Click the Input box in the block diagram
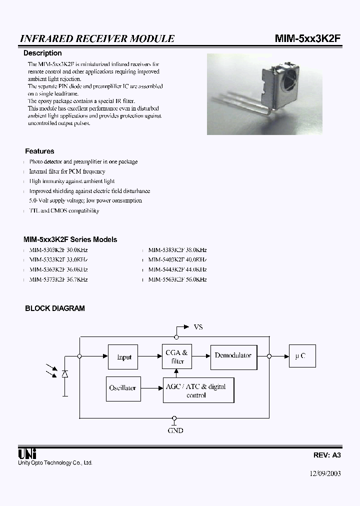click(x=123, y=357)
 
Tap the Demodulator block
click(x=233, y=355)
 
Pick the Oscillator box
click(x=122, y=388)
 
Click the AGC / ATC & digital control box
click(x=198, y=390)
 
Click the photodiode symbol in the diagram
click(x=64, y=374)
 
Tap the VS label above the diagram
click(x=198, y=327)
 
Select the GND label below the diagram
click(x=175, y=430)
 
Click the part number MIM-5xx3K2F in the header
click(x=308, y=39)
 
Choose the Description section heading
click(x=43, y=53)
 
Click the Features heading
click(x=39, y=151)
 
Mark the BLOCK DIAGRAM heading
click(x=55, y=308)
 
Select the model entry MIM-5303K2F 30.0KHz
click(x=58, y=250)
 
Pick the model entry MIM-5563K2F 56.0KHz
click(x=177, y=279)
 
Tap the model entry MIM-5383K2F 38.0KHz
click(x=177, y=250)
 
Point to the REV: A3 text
click(x=327, y=455)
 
